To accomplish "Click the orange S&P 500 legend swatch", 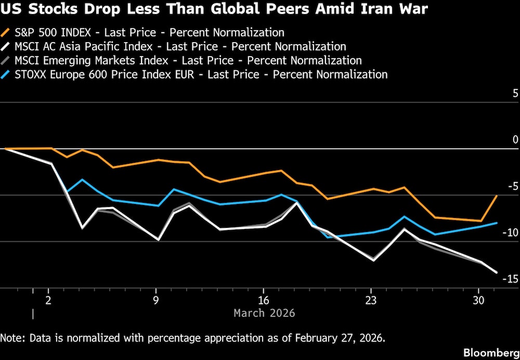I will pos(6,33).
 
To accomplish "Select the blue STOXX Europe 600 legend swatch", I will pos(6,74).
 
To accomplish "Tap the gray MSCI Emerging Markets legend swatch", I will pos(6,60).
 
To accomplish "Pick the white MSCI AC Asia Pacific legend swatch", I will pos(6,47).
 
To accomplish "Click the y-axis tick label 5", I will pos(515,94).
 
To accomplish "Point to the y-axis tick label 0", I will pos(515,139).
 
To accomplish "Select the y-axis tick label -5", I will pos(513,186).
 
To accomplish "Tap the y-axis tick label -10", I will pos(511,232).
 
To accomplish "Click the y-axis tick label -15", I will pos(511,279).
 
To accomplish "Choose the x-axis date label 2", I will pos(48,301).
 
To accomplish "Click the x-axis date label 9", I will pos(156,301).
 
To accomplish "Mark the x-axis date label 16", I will pos(264,301).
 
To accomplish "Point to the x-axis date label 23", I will pos(371,301).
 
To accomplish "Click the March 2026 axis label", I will pos(264,313).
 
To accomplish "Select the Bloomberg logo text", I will pos(491,352).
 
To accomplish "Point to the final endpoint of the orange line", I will pos(497,196).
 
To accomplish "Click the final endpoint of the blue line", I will pos(497,223).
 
